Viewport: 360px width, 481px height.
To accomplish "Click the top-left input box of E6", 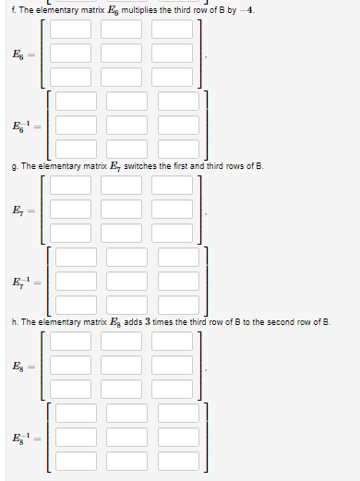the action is click(x=70, y=30).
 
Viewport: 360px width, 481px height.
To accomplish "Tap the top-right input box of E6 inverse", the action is click(x=179, y=99).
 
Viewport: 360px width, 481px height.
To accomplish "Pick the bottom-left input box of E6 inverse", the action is click(x=77, y=147).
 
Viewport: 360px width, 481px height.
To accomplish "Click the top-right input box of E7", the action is click(x=173, y=186).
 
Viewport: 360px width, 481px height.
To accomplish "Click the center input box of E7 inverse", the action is click(x=127, y=279).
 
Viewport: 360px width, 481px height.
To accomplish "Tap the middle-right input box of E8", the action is click(x=173, y=366).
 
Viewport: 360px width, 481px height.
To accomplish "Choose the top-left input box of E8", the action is click(x=70, y=342).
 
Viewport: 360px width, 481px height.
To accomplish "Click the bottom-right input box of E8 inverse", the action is click(x=179, y=460).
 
